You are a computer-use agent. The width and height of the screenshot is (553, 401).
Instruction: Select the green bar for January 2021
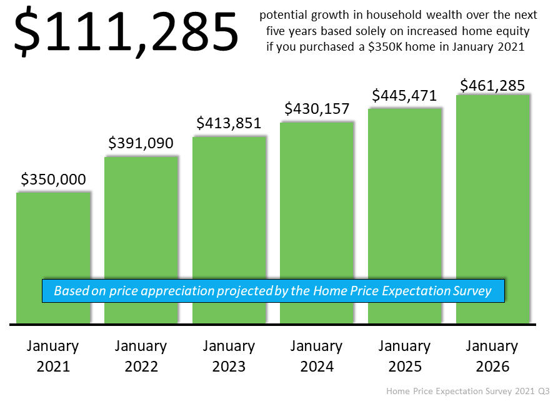click(x=54, y=238)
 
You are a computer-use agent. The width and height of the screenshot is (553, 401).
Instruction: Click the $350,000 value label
click(x=53, y=180)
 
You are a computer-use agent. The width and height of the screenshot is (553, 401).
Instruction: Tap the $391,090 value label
click(x=141, y=143)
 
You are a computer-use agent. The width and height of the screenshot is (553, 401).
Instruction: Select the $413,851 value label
click(x=229, y=123)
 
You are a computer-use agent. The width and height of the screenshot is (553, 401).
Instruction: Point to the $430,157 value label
click(x=317, y=109)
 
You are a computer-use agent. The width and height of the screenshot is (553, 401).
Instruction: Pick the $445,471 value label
click(x=404, y=96)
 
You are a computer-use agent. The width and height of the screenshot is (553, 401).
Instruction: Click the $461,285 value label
click(x=492, y=84)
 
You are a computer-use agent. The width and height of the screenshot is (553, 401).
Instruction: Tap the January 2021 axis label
click(x=53, y=356)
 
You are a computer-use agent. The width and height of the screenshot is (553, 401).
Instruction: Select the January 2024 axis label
click(x=317, y=356)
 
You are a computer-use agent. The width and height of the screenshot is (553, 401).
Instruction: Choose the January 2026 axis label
click(x=492, y=356)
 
